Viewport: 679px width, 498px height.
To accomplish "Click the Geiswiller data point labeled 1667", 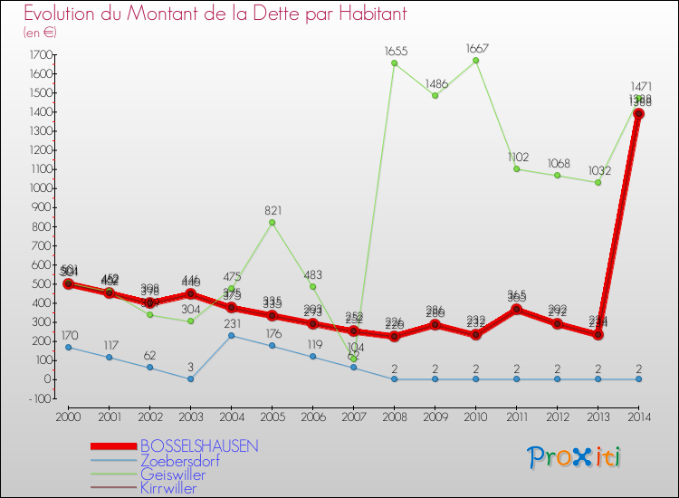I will [x=475, y=61].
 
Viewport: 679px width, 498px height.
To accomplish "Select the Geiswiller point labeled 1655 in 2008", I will [x=394, y=63].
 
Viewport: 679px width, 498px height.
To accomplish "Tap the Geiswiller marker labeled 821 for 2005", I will [x=272, y=223].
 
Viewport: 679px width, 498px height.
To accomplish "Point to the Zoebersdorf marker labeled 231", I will [x=231, y=335].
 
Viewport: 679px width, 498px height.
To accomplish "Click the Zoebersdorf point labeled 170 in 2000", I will [x=68, y=347].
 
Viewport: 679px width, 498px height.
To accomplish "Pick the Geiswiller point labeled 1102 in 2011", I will [x=516, y=169].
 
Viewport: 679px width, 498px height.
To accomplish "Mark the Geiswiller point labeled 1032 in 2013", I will [x=598, y=182].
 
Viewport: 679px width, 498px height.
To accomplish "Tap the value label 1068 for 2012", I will [x=557, y=163].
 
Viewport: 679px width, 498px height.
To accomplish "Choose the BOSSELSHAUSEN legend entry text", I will [x=199, y=446].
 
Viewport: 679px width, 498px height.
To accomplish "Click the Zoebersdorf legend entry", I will [x=180, y=460].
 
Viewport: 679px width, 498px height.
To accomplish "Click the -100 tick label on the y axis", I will [x=39, y=398].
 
